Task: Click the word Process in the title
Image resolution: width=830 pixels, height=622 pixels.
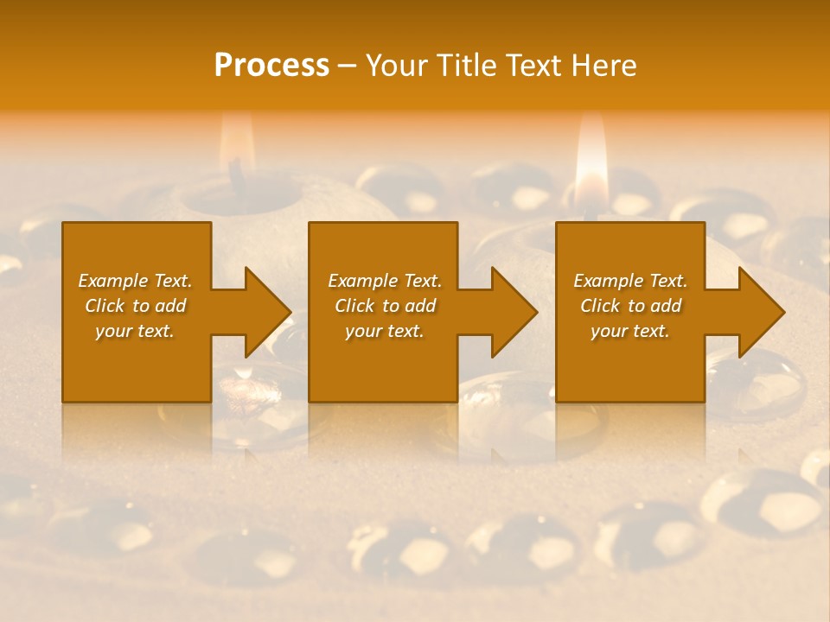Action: (271, 66)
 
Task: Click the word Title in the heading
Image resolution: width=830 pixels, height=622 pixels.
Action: (467, 66)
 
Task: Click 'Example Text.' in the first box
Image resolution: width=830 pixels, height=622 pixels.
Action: (135, 281)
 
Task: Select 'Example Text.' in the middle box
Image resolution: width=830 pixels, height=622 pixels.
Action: (384, 281)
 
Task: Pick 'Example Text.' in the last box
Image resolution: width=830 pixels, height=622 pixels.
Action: (630, 281)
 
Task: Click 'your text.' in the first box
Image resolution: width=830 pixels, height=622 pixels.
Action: (135, 331)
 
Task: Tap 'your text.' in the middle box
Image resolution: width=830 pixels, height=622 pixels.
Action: (384, 331)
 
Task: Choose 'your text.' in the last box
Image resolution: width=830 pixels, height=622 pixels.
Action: (630, 331)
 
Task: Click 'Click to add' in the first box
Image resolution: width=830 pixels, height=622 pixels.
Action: (135, 306)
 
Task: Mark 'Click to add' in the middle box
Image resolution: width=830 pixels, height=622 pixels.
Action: (384, 306)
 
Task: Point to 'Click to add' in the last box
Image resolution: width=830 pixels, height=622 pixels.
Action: (630, 306)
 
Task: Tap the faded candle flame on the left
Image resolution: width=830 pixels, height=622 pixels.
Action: (234, 143)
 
